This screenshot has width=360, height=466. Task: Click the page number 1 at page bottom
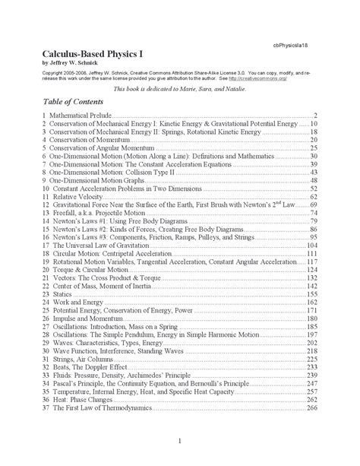(x=179, y=443)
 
